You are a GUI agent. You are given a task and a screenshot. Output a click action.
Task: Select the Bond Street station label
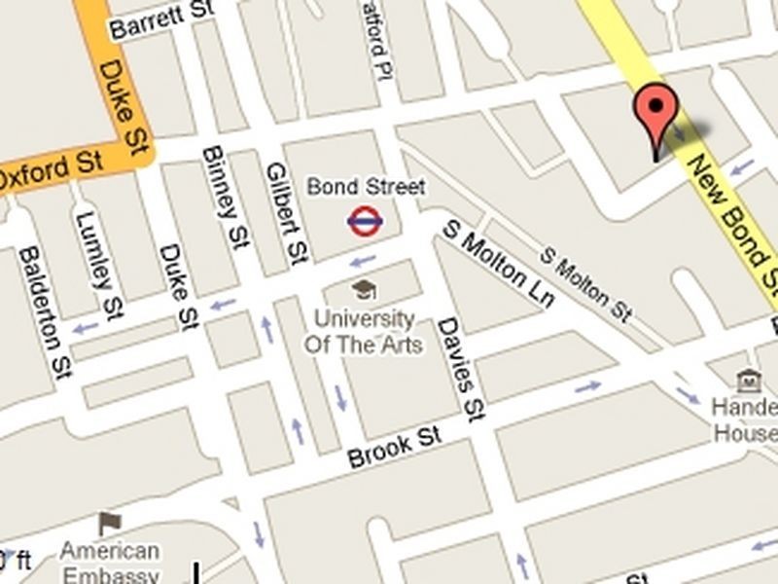(366, 185)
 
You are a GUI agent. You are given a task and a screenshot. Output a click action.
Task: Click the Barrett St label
(161, 21)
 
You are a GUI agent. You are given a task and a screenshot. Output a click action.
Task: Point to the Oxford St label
(51, 171)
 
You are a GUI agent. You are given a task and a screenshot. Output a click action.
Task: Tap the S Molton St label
(586, 285)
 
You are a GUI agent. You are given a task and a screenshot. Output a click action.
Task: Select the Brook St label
(394, 447)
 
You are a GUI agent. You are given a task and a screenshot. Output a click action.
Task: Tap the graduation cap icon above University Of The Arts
(364, 289)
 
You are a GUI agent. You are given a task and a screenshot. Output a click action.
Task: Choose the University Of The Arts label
(364, 331)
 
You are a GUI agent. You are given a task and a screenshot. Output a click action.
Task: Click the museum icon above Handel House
(749, 380)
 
